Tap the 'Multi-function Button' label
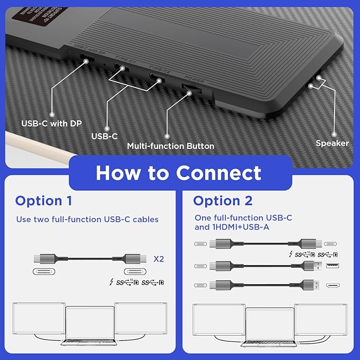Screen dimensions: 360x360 tap(171, 146)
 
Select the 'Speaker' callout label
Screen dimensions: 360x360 tap(332, 143)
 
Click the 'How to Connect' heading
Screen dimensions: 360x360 tap(179, 172)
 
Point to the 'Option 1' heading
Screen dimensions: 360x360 tap(43, 201)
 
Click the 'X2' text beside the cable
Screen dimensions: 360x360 tap(159, 260)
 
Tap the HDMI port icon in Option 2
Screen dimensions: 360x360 tap(332, 285)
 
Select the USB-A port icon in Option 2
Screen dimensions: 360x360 tap(332, 265)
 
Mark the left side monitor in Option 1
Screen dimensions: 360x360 tap(38, 318)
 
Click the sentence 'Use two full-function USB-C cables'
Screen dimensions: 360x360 tap(87, 219)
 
